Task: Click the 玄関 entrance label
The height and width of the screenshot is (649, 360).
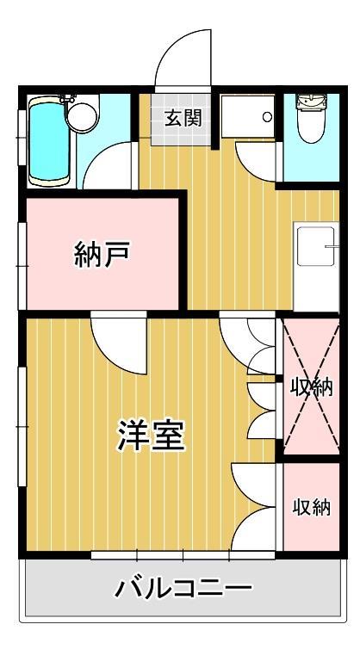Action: pyautogui.click(x=183, y=117)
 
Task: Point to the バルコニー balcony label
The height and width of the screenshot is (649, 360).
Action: pyautogui.click(x=184, y=590)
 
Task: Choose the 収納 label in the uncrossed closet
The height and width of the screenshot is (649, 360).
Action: pyautogui.click(x=311, y=506)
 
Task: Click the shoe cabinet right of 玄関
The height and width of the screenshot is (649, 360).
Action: pyautogui.click(x=250, y=116)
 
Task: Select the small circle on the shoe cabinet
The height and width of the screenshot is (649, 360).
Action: pyautogui.click(x=268, y=116)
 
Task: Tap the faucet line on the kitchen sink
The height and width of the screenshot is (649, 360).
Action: pyautogui.click(x=330, y=248)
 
